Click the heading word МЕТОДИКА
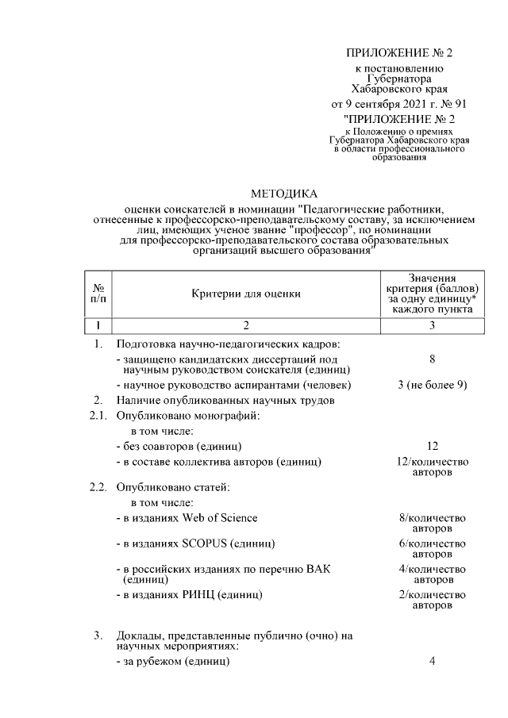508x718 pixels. pyautogui.click(x=283, y=194)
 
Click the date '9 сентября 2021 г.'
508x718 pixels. pyautogui.click(x=386, y=105)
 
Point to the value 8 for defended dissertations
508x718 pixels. pyautogui.click(x=432, y=359)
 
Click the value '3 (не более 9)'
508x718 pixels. pyautogui.click(x=432, y=385)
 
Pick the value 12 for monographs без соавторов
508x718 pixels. pyautogui.click(x=432, y=447)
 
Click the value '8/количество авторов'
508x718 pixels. pyautogui.click(x=432, y=523)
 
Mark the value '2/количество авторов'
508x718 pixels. pyautogui.click(x=432, y=600)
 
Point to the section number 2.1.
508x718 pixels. pyautogui.click(x=98, y=415)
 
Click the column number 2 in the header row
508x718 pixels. pyautogui.click(x=246, y=325)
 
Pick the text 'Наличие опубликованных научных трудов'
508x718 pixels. pyautogui.click(x=225, y=400)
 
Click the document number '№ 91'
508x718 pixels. pyautogui.click(x=454, y=105)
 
